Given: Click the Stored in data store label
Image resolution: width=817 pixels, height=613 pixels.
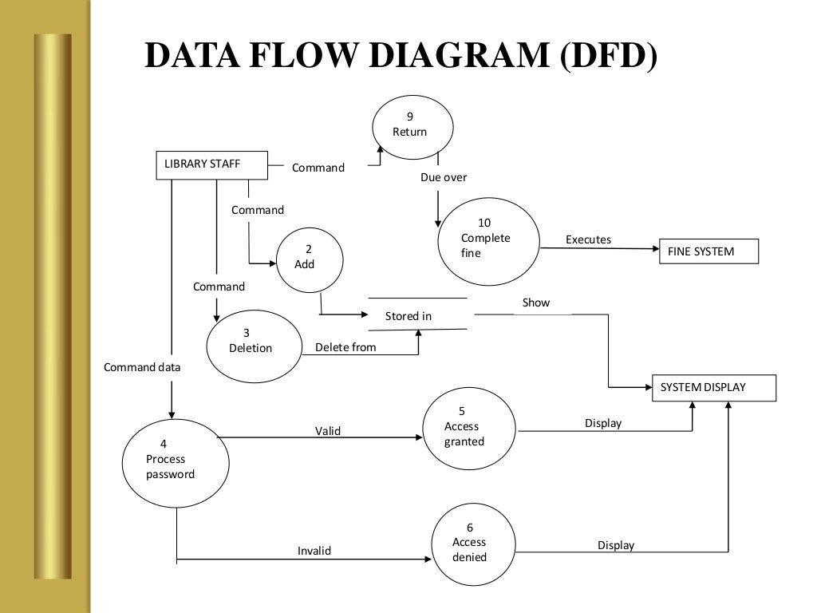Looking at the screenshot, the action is (x=408, y=316).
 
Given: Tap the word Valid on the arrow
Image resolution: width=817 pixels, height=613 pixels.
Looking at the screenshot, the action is (x=328, y=430).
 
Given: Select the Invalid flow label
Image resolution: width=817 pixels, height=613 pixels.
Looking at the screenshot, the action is (x=314, y=551).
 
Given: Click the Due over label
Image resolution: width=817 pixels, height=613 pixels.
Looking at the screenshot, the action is (x=444, y=177).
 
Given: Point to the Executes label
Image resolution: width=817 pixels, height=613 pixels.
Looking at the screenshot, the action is (x=588, y=239).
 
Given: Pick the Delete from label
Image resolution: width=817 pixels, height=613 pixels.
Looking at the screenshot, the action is (x=345, y=347).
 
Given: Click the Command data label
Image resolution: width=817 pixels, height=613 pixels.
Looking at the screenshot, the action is (x=142, y=367).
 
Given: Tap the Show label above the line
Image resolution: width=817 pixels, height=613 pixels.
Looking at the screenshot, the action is (x=535, y=303).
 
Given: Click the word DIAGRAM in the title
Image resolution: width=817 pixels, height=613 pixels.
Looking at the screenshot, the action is (x=459, y=55).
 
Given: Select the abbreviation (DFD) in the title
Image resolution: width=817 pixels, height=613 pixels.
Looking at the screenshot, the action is (x=609, y=56).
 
